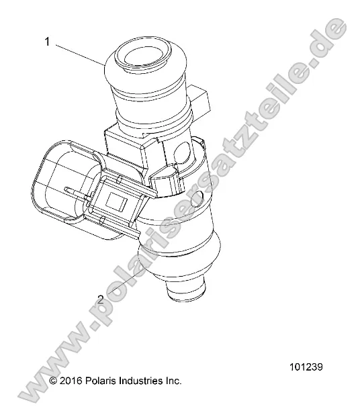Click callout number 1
point(48,42)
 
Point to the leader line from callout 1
point(79,53)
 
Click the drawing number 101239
point(306,367)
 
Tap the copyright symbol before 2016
point(53,381)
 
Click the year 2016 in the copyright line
point(71,381)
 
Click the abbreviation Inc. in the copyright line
point(173,381)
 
